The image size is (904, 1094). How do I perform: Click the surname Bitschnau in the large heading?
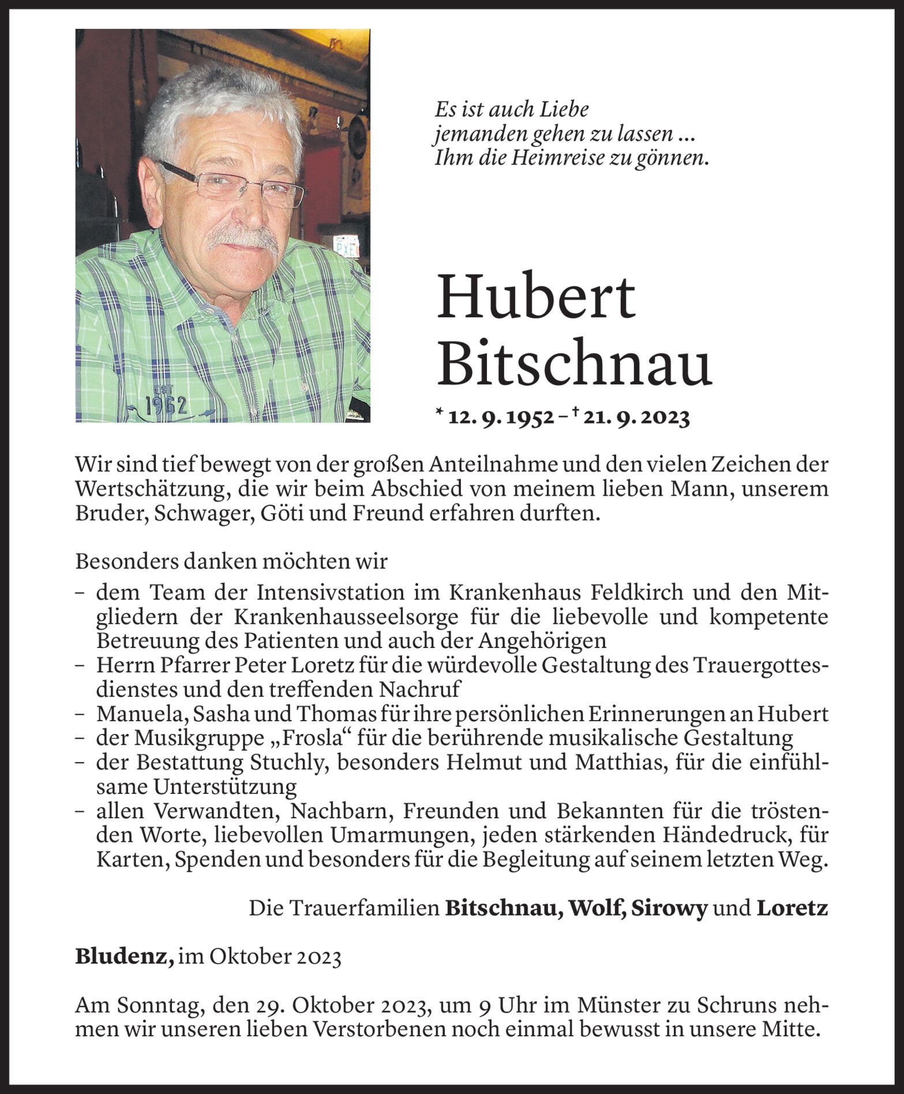tap(574, 365)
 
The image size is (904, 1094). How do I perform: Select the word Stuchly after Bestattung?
tap(289, 762)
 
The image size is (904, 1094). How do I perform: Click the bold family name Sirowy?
tap(669, 909)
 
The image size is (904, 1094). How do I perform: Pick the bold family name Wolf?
tap(597, 909)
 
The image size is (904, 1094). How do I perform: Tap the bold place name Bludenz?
tap(124, 957)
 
